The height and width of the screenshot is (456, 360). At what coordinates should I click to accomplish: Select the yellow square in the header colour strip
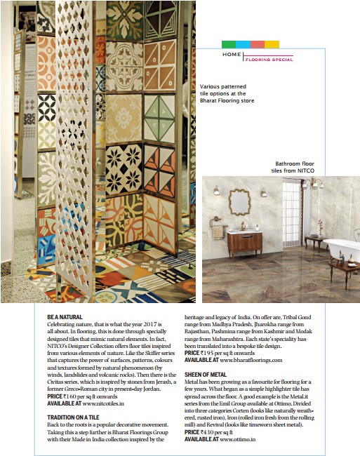click(272, 44)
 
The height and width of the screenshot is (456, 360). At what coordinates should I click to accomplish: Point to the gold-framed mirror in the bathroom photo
click(239, 202)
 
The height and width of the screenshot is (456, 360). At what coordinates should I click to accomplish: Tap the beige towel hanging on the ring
click(218, 232)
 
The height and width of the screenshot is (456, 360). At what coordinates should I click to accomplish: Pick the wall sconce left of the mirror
click(217, 191)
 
